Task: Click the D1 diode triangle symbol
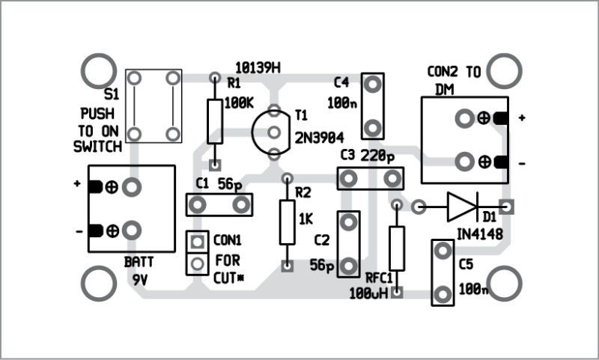click(x=461, y=206)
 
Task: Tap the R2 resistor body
click(x=287, y=222)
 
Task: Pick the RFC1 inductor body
click(x=397, y=248)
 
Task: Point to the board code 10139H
click(x=257, y=68)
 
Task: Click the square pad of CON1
click(x=197, y=242)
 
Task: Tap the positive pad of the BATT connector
click(x=133, y=187)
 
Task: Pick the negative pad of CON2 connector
click(x=465, y=162)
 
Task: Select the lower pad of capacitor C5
click(x=443, y=294)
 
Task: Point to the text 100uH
click(x=367, y=293)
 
